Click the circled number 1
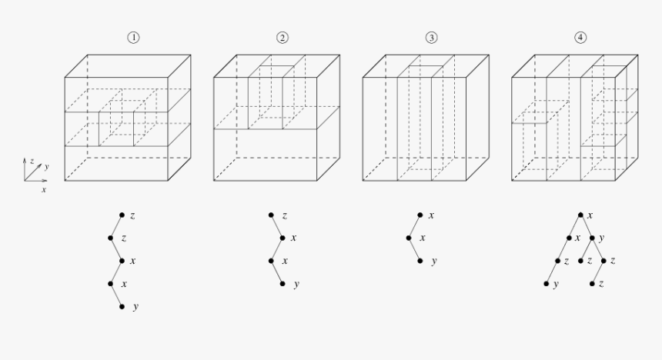[x=134, y=38]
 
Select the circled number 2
[x=283, y=38]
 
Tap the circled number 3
[x=431, y=38]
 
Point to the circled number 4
[x=580, y=38]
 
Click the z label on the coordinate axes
[x=32, y=161]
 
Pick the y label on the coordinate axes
[x=46, y=166]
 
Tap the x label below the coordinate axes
[x=43, y=188]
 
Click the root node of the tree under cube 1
[x=122, y=215]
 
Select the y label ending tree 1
[x=135, y=308]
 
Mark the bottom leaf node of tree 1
[x=122, y=307]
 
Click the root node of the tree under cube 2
[x=271, y=215]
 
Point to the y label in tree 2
[x=296, y=285]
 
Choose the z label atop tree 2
[x=284, y=216]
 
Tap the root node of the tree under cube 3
[x=420, y=215]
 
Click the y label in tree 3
[x=433, y=262]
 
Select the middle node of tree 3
[x=409, y=238]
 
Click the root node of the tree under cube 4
[x=580, y=215]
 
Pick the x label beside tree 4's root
[x=590, y=215]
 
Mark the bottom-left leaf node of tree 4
[x=546, y=284]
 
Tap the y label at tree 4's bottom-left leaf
[x=557, y=285]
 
